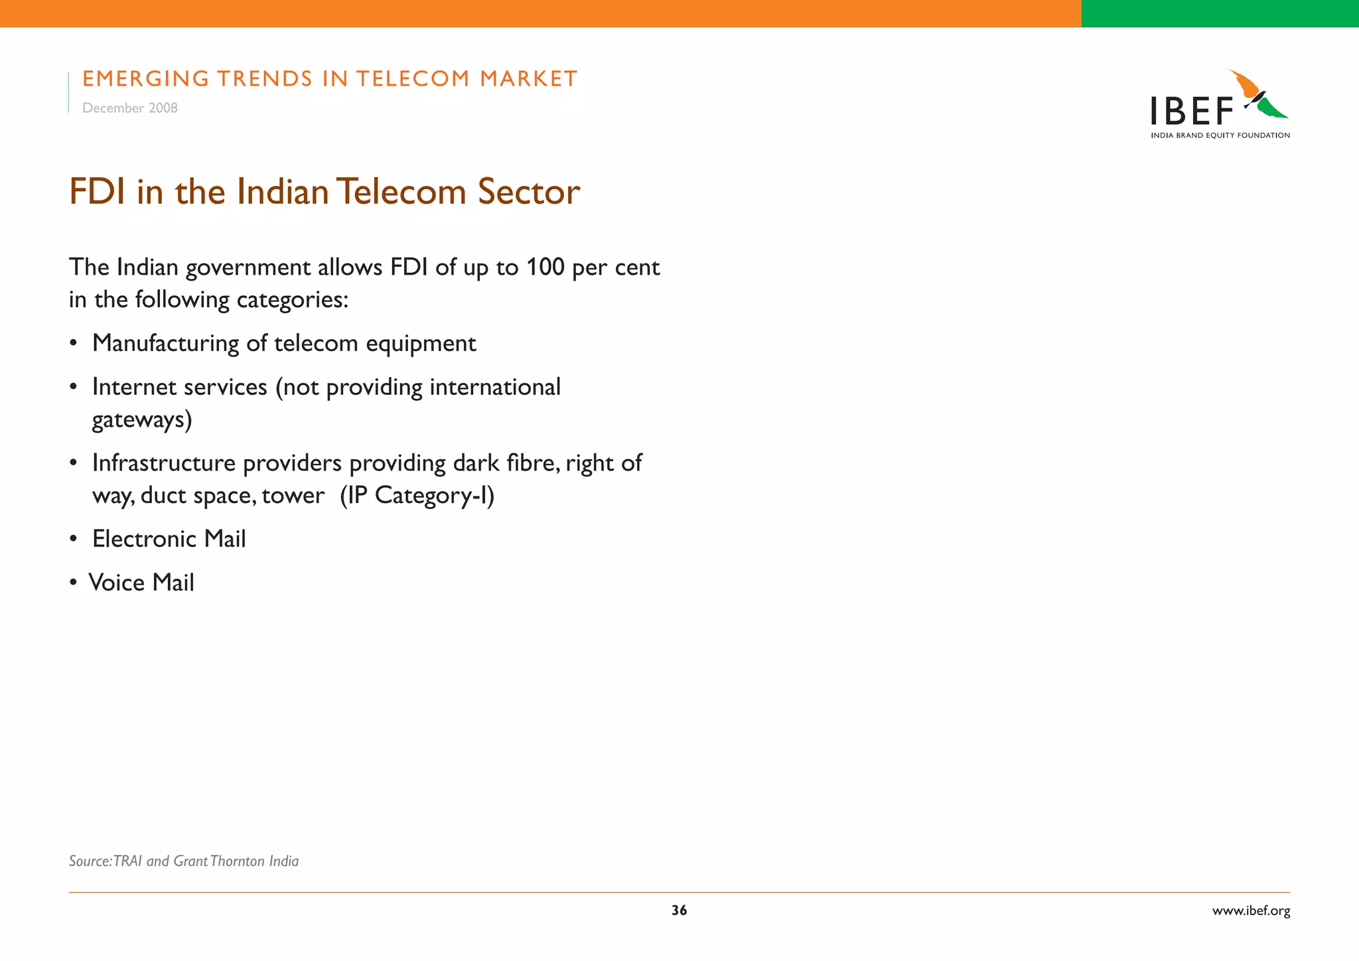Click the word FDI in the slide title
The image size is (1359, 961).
coord(97,192)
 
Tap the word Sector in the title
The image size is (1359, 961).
coord(529,192)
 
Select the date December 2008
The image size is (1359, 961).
coord(130,108)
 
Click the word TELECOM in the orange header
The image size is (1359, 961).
coord(412,79)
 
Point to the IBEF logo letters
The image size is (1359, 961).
coord(1191,111)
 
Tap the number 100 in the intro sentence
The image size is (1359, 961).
coord(545,267)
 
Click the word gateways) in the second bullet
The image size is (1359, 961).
coord(142,420)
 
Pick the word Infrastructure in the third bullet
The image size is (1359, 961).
coord(164,463)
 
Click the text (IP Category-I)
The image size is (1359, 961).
coord(417,496)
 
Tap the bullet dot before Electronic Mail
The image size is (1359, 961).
coord(74,540)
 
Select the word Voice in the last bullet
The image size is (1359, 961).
coord(117,583)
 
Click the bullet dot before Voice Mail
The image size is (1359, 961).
coord(74,583)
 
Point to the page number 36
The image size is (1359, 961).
coord(679,911)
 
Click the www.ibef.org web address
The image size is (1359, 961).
coord(1251,911)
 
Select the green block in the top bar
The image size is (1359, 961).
coord(1220,13)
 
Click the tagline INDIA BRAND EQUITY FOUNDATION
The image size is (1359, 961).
coord(1220,135)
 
